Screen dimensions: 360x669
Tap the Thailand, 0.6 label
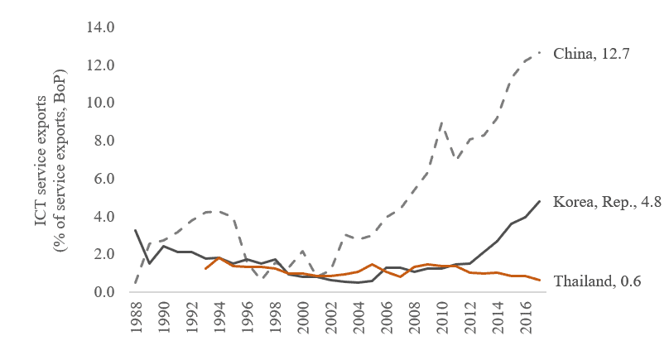[593, 281]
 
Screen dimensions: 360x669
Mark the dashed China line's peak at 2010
[443, 122]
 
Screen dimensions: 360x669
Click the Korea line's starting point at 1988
[136, 230]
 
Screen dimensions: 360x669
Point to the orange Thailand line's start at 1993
[205, 269]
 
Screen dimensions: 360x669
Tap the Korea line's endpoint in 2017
[540, 201]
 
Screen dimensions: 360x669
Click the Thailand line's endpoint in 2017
[540, 281]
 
